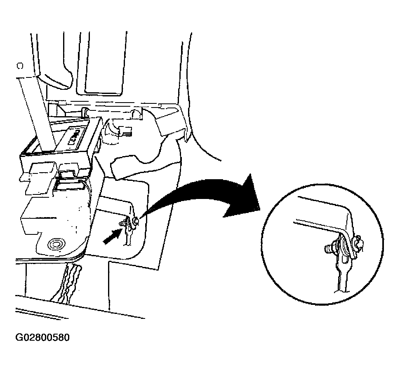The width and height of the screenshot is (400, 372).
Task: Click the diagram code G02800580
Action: (42, 337)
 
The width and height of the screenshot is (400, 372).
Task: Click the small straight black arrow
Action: (111, 236)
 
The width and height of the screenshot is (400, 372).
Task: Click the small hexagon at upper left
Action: (20, 66)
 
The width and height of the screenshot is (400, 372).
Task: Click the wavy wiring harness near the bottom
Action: (66, 283)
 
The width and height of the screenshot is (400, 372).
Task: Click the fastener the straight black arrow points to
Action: (123, 224)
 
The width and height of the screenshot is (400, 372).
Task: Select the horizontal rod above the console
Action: (110, 112)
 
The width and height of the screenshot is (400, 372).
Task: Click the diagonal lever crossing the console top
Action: (37, 115)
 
